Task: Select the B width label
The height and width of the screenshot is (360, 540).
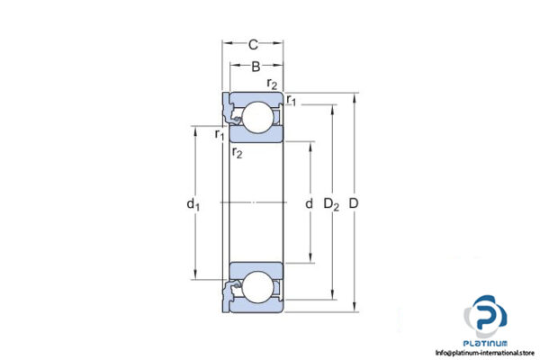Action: pyautogui.click(x=255, y=66)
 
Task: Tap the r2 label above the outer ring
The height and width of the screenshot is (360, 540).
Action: pyautogui.click(x=272, y=85)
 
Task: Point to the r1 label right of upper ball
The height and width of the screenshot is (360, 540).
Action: pyautogui.click(x=292, y=102)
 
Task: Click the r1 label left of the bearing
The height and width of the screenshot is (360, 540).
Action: pyautogui.click(x=220, y=135)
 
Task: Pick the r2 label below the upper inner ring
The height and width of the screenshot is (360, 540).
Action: pyautogui.click(x=237, y=153)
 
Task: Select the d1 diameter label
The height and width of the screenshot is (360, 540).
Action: pyautogui.click(x=192, y=205)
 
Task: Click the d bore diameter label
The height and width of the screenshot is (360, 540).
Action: pyautogui.click(x=309, y=205)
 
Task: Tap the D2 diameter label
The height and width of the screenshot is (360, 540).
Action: pyautogui.click(x=332, y=205)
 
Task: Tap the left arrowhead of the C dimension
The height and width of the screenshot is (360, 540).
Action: pyautogui.click(x=226, y=42)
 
